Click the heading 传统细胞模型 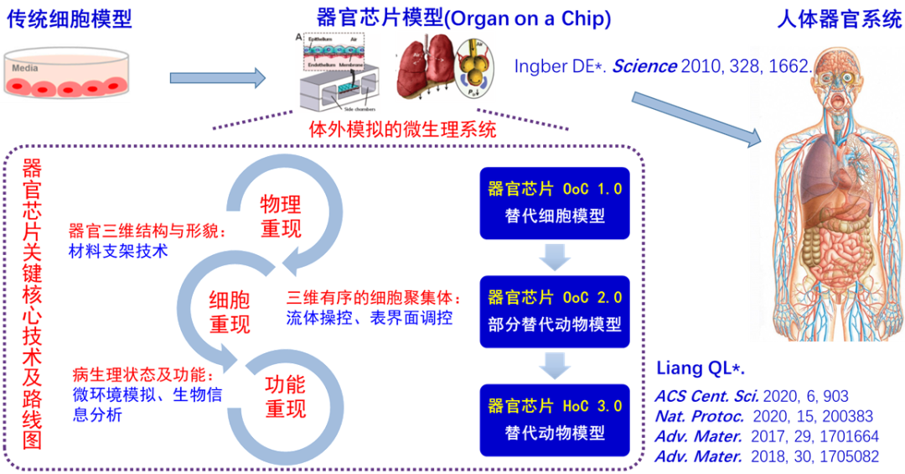pos(70,19)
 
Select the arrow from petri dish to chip pos(217,78)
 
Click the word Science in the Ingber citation pos(644,66)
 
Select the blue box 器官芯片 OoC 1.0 pos(555,202)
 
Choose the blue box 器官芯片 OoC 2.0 pos(555,310)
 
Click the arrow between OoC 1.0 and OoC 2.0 pos(555,256)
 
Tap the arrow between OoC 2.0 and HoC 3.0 pos(555,364)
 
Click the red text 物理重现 pos(281,216)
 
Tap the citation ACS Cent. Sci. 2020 pos(751,396)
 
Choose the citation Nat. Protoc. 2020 pos(763,416)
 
